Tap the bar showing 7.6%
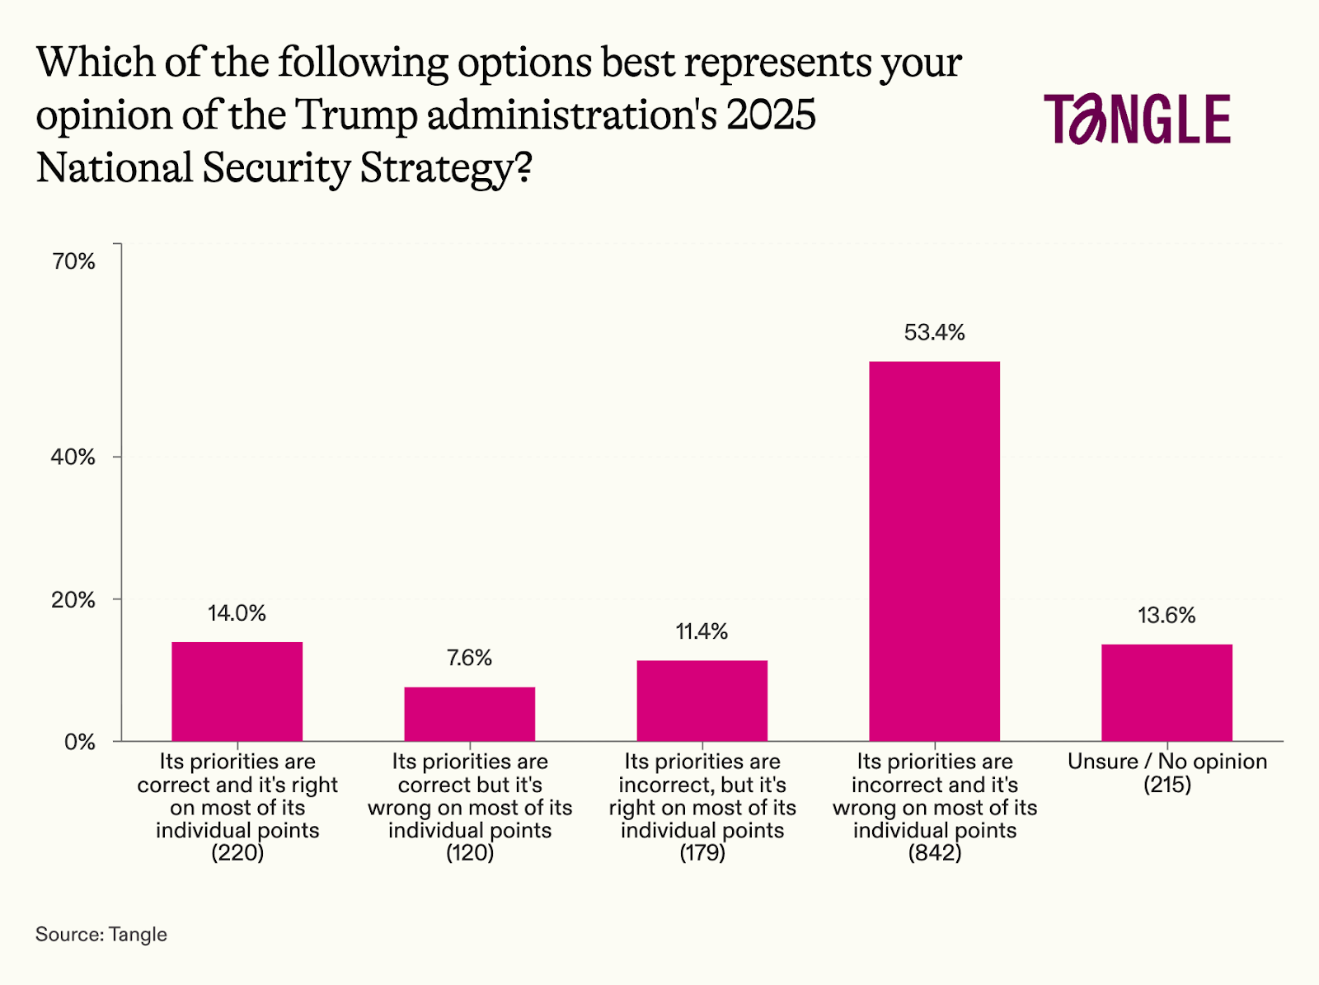(x=469, y=714)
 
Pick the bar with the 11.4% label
(x=702, y=701)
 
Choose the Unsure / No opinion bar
(x=1166, y=692)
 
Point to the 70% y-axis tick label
(x=74, y=261)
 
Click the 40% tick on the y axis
(x=73, y=457)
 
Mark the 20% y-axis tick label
(x=73, y=600)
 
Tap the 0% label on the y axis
(x=80, y=743)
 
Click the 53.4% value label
(x=934, y=332)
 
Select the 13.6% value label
(x=1166, y=615)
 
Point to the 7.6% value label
(x=469, y=658)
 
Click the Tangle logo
(x=1137, y=119)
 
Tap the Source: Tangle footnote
(x=101, y=934)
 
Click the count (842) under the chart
(x=935, y=853)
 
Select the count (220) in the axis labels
(x=237, y=853)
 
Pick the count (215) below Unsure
(x=1167, y=784)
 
